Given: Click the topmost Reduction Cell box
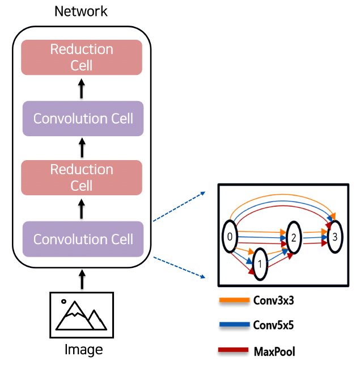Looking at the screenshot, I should click(x=82, y=57).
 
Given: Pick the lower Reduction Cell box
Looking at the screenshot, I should click(x=82, y=178).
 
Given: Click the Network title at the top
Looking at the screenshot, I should click(x=81, y=11).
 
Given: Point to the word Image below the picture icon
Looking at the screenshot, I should click(x=82, y=349).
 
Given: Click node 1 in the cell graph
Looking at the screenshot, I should click(x=260, y=264).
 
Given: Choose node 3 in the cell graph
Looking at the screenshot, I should click(x=335, y=237).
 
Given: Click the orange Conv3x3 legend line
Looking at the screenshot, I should click(x=234, y=300).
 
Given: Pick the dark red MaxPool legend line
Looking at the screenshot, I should click(x=234, y=351).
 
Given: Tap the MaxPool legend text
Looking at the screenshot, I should click(x=274, y=352).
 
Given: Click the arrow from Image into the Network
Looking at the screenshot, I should click(x=82, y=279).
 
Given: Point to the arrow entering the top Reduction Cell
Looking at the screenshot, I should click(x=82, y=88).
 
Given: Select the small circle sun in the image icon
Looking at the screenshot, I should click(x=63, y=302).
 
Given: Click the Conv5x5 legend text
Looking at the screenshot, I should click(x=274, y=326).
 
